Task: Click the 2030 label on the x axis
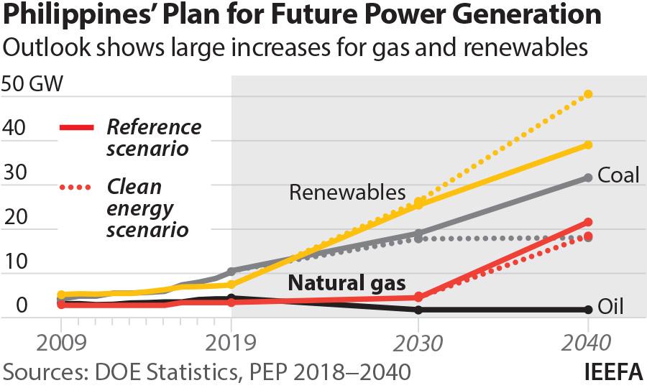(x=418, y=343)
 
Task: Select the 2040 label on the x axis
(x=588, y=343)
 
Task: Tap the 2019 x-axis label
(x=231, y=343)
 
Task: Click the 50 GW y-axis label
(x=33, y=83)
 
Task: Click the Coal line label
(x=618, y=175)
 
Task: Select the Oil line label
(x=610, y=308)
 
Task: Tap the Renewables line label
(x=347, y=193)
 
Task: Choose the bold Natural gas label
(x=347, y=282)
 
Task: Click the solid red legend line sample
(x=75, y=128)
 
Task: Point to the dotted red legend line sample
(x=75, y=188)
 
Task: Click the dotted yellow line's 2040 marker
(x=588, y=94)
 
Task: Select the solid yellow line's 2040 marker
(x=588, y=145)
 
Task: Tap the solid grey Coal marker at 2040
(x=588, y=177)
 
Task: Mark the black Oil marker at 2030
(x=418, y=310)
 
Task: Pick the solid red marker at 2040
(x=588, y=222)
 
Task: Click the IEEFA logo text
(x=612, y=371)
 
